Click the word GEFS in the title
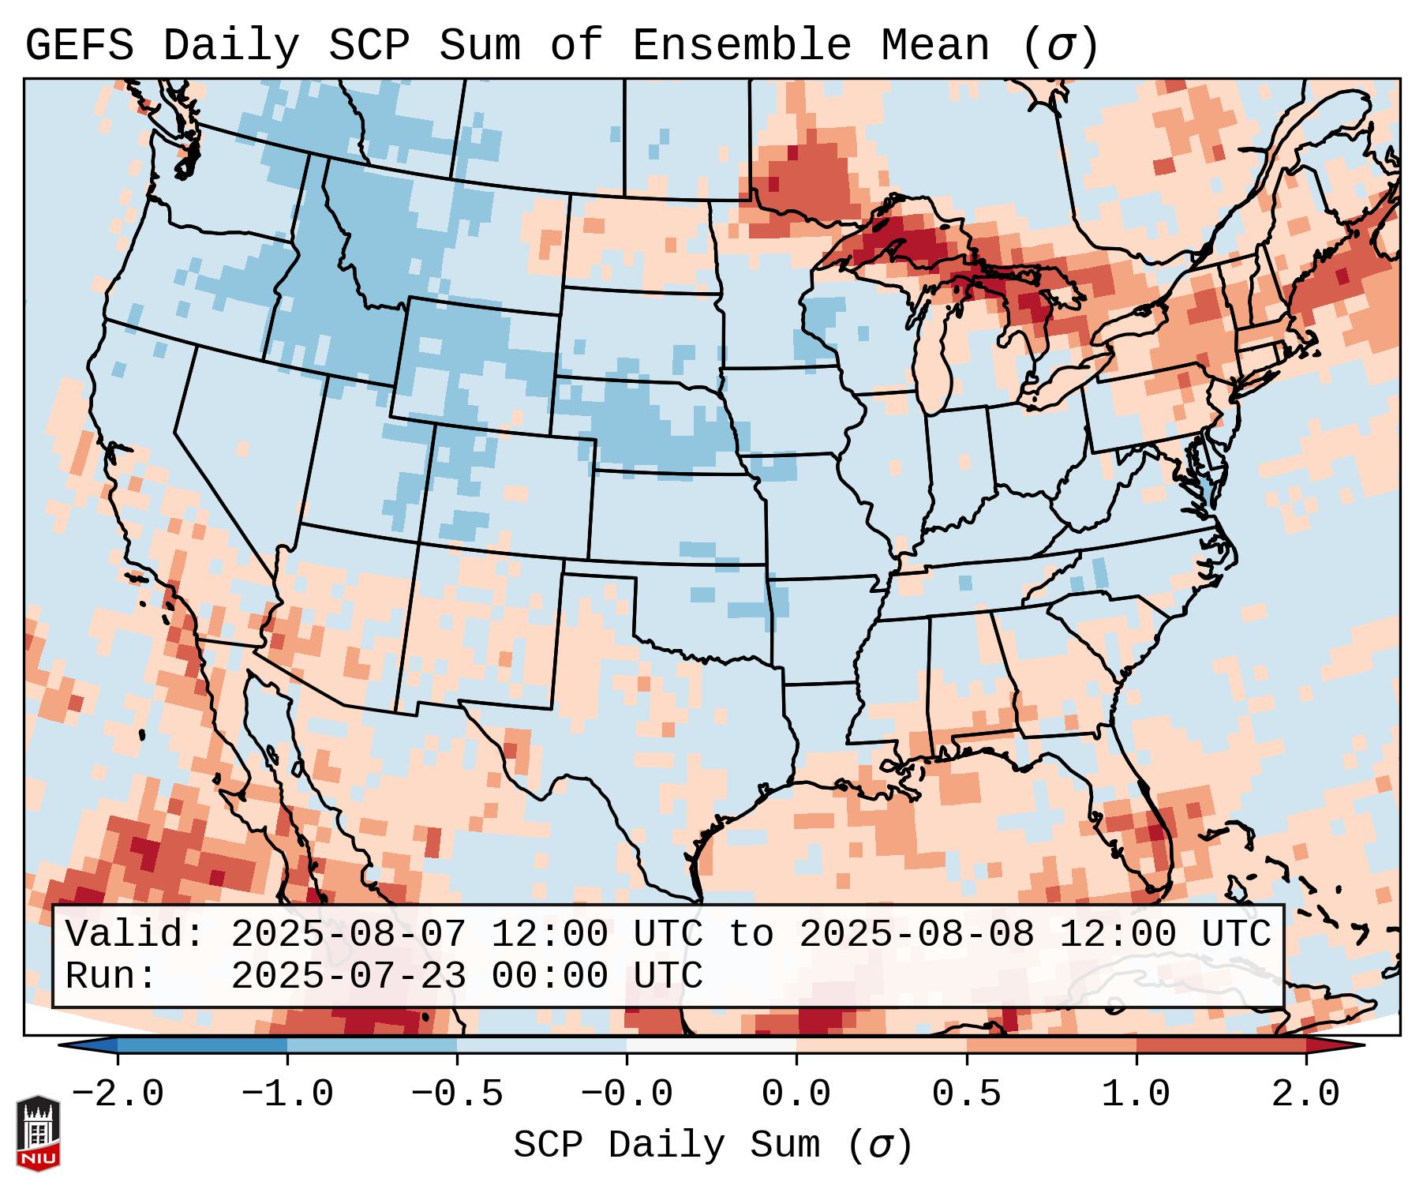pyautogui.click(x=79, y=46)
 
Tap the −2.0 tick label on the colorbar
pyautogui.click(x=118, y=1094)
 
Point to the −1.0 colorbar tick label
pyautogui.click(x=287, y=1094)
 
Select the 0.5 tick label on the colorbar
pyautogui.click(x=967, y=1094)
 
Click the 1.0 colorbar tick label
pyautogui.click(x=1137, y=1094)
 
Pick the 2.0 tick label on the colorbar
pyautogui.click(x=1306, y=1094)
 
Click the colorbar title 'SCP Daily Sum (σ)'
pyautogui.click(x=713, y=1145)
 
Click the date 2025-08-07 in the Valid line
pyautogui.click(x=348, y=935)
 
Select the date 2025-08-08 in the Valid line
pyautogui.click(x=916, y=935)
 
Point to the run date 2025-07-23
pyautogui.click(x=348, y=976)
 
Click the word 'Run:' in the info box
pyautogui.click(x=111, y=976)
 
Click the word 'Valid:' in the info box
pyautogui.click(x=135, y=935)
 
